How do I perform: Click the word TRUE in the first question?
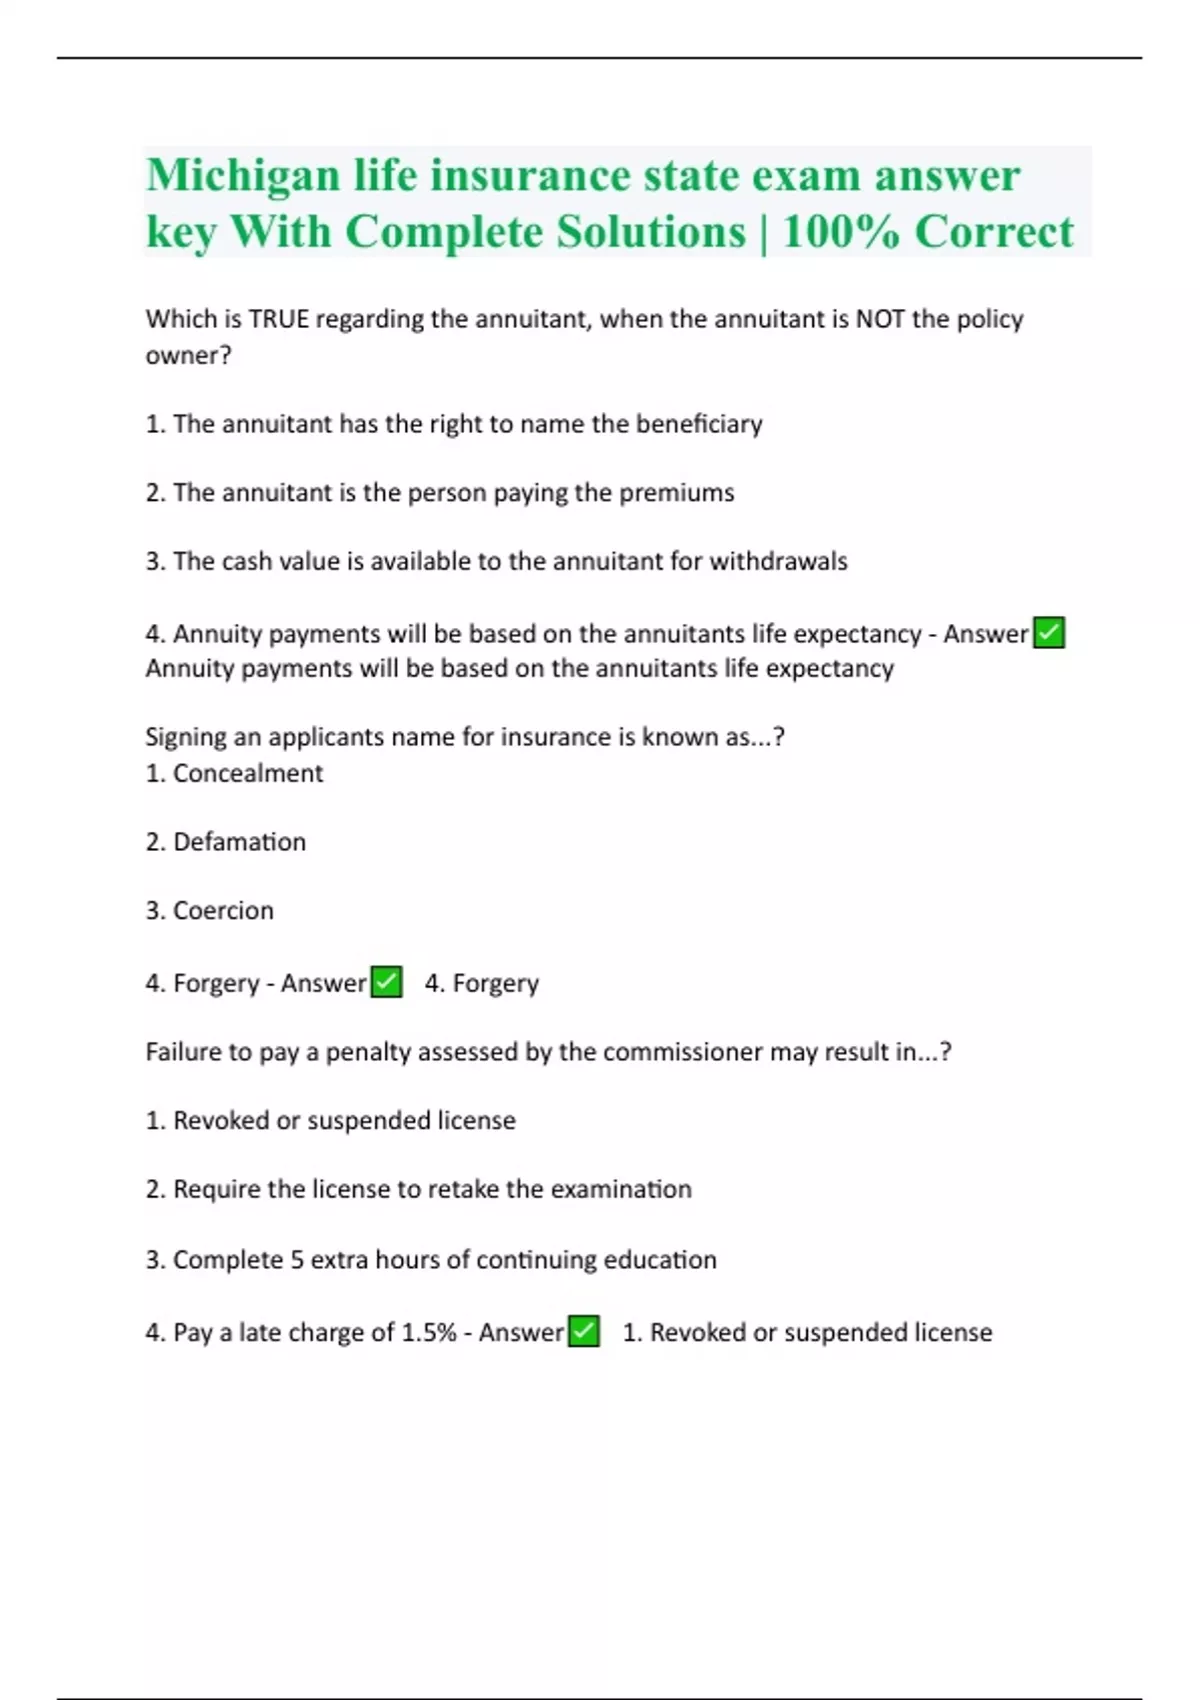coord(278,319)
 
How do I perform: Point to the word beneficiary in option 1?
coord(699,424)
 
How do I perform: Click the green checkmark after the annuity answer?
coord(1049,633)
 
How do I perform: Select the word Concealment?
coord(248,773)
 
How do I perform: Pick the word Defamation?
coord(239,842)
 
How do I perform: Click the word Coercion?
coord(223,911)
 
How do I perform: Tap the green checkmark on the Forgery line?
coord(387,982)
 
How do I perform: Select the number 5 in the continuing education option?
coord(297,1260)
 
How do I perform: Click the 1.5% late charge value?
coord(428,1333)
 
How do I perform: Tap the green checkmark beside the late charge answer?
coord(584,1332)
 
